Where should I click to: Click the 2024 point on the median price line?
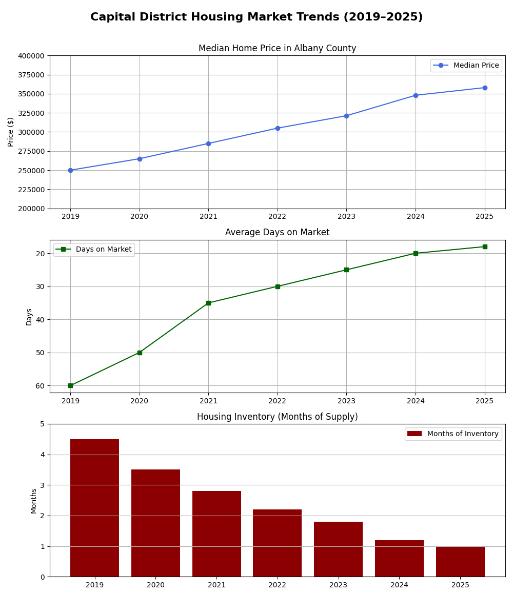point(416,95)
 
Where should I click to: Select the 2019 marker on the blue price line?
point(70,170)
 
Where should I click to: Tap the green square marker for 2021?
point(208,303)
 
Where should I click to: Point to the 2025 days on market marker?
point(485,247)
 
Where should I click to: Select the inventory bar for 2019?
point(94,507)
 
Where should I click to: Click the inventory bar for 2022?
point(278,543)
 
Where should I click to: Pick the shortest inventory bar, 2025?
point(460,561)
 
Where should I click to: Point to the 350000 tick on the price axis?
point(32,94)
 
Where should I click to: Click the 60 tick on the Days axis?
point(40,386)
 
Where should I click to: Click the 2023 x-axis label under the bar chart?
point(338,585)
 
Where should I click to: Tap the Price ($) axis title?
point(11,132)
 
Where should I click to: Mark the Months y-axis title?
point(34,501)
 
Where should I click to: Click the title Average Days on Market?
point(277,233)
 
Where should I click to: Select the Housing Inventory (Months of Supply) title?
point(277,417)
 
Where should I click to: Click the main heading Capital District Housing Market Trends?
point(256,17)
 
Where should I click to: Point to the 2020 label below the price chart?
point(140,217)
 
